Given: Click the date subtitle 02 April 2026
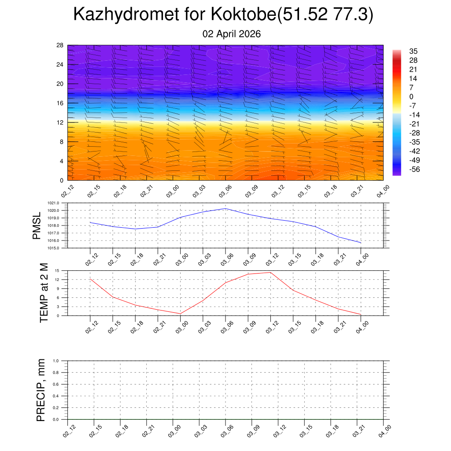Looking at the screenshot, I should pos(232,34).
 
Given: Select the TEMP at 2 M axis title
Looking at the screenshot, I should pos(44,293).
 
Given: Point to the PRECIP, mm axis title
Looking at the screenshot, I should pos(41,390).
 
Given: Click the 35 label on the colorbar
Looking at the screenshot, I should pos(413,51).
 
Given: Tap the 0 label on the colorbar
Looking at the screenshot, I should pos(411,97).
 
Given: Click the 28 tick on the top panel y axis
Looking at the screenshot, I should pos(60,45).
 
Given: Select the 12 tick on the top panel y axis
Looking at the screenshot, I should pos(60,122).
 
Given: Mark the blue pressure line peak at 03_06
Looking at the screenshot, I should pos(225,208).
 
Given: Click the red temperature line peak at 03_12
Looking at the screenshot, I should pos(270,272).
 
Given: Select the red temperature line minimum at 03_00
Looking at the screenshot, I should pos(181,314).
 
